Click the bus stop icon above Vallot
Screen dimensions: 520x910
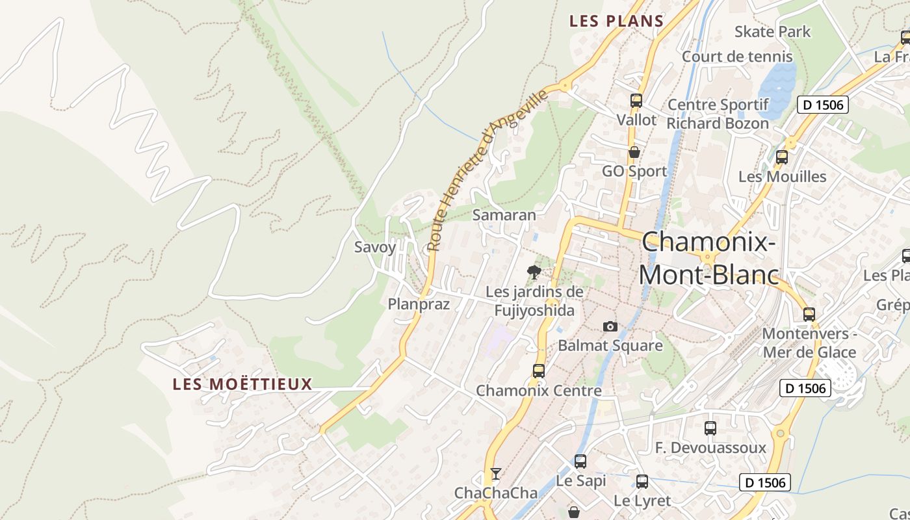[636, 101]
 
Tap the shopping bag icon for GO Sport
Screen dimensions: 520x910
[634, 152]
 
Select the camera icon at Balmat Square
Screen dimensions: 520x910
[610, 326]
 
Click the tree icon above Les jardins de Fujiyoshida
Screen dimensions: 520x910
[534, 272]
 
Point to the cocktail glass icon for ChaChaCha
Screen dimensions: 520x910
[496, 473]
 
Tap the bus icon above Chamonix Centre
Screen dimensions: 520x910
[538, 371]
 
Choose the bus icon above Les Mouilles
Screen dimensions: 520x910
[781, 157]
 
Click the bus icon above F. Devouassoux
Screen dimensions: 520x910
[710, 428]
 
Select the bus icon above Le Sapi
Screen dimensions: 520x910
[580, 461]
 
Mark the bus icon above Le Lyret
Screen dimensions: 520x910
[642, 482]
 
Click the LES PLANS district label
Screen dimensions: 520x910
[616, 21]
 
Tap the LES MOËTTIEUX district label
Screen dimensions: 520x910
[242, 384]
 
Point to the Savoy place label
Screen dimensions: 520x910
[374, 247]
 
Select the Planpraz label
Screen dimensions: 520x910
[419, 304]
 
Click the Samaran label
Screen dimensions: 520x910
[504, 215]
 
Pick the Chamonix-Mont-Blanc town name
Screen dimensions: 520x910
[708, 259]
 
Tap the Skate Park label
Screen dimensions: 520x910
[772, 31]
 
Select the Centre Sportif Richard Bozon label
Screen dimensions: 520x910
[718, 114]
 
